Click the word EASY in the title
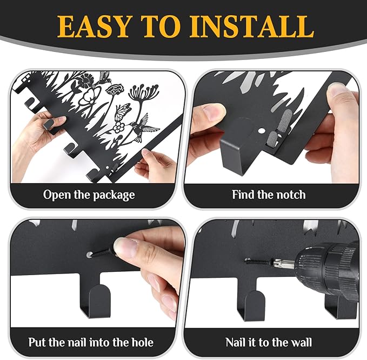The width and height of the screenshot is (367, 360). (x=94, y=26)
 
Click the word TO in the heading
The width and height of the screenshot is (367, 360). (x=162, y=26)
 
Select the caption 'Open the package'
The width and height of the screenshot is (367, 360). (x=89, y=195)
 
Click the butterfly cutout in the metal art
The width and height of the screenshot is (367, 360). (x=123, y=111)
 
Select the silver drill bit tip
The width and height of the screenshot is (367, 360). (x=281, y=262)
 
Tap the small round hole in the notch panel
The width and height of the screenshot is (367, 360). (x=262, y=130)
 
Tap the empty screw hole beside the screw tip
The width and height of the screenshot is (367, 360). (x=89, y=255)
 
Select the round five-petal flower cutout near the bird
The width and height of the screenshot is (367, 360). (x=119, y=128)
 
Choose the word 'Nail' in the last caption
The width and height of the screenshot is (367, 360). (x=235, y=342)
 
